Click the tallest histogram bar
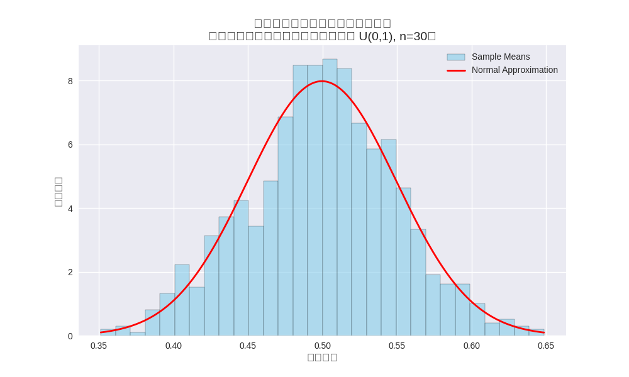click(x=330, y=197)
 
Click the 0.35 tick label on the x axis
click(x=99, y=346)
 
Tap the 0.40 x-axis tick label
click(x=174, y=346)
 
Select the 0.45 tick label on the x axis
click(x=248, y=346)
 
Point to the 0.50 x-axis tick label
click(x=323, y=346)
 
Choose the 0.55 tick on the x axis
click(x=397, y=346)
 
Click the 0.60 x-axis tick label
click(x=472, y=346)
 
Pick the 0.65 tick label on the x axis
click(x=546, y=346)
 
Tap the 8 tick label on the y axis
click(x=70, y=81)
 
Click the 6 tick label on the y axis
click(x=70, y=145)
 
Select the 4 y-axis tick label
click(x=70, y=209)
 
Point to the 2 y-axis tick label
click(x=70, y=272)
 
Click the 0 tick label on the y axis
click(x=70, y=336)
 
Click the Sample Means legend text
click(x=501, y=57)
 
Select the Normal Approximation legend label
click(x=515, y=70)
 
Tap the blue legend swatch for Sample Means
click(x=456, y=57)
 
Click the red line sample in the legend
click(x=456, y=70)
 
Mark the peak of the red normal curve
click(x=323, y=81)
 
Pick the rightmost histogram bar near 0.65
click(x=537, y=332)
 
